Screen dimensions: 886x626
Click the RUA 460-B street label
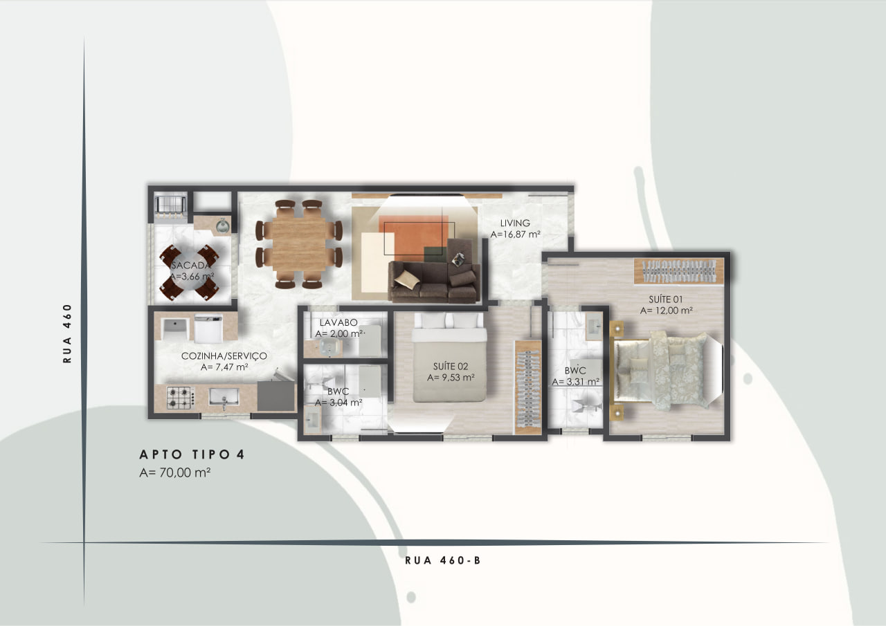(x=442, y=560)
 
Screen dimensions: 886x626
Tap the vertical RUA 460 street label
(x=67, y=333)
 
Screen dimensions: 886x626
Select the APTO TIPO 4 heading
(x=192, y=454)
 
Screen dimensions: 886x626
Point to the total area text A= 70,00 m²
(x=175, y=472)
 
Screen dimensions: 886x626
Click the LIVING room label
(x=515, y=223)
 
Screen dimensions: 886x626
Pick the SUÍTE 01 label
(x=666, y=300)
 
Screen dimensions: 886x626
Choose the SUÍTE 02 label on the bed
(x=451, y=367)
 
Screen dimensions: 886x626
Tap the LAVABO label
(x=338, y=322)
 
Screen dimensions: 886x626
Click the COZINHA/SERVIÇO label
(x=224, y=356)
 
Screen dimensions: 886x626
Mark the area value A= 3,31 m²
(x=575, y=382)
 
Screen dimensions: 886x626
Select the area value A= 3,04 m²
(x=338, y=403)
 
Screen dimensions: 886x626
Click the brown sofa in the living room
(x=434, y=282)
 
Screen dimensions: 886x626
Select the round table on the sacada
(x=189, y=272)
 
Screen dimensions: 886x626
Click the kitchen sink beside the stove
(x=224, y=397)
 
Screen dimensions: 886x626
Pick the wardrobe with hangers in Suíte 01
(x=679, y=270)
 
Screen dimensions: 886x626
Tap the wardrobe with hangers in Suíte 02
(x=527, y=387)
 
